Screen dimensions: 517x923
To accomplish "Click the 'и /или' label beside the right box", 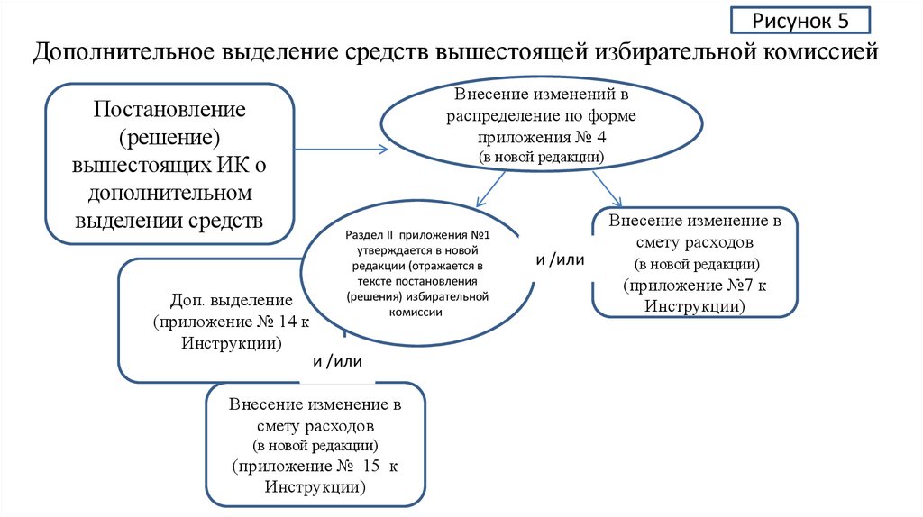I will click(x=561, y=259).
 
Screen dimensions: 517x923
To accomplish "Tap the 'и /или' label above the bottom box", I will click(x=337, y=361).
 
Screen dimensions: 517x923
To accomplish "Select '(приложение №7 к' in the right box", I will click(x=695, y=286).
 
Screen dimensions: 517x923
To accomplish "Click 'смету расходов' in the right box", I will click(x=695, y=242).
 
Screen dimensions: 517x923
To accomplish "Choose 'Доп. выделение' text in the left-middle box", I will click(x=231, y=299).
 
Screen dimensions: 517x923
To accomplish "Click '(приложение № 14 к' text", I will click(x=231, y=322).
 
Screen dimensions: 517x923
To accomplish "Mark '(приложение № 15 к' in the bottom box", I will click(x=315, y=467).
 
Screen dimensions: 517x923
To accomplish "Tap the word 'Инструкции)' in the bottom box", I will click(x=315, y=487).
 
